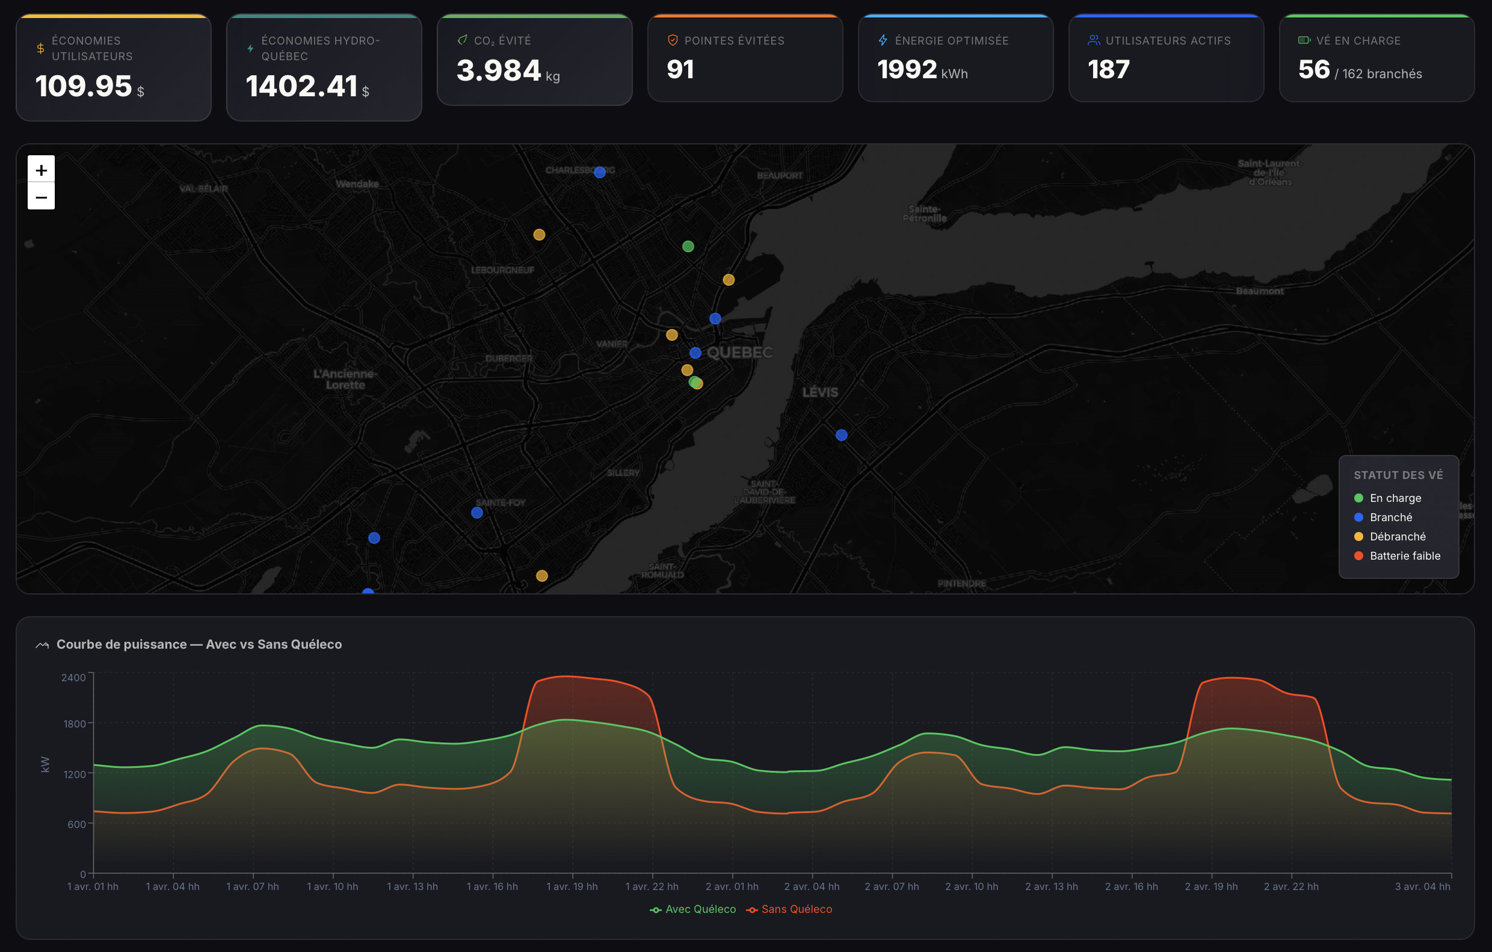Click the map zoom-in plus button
click(41, 169)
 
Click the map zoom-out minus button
click(41, 197)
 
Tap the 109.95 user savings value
click(84, 85)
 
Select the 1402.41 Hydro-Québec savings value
click(301, 85)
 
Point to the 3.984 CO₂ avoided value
click(499, 70)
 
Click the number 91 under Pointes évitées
click(680, 69)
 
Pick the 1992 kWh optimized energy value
click(907, 69)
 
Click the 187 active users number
click(1108, 69)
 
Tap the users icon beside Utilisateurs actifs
click(1094, 40)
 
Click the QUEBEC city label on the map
click(740, 353)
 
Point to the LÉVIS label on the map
click(820, 392)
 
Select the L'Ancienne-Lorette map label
click(345, 379)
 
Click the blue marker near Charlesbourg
click(599, 172)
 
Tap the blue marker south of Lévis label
click(842, 435)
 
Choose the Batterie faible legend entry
click(1404, 556)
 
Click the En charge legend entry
click(1395, 498)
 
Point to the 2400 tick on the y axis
click(73, 678)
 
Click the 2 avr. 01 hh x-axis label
click(732, 886)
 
